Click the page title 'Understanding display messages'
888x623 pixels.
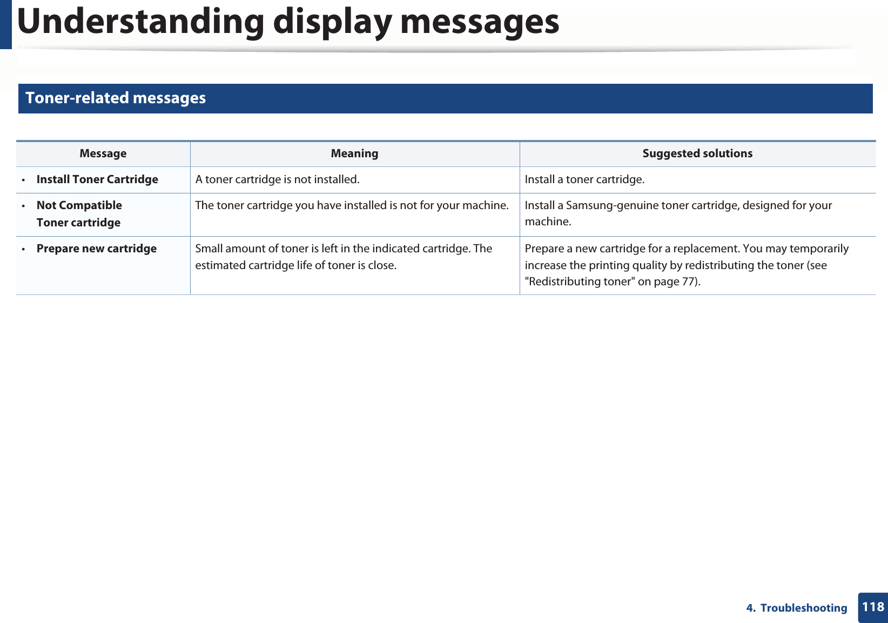click(288, 22)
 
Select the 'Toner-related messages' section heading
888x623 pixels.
click(116, 98)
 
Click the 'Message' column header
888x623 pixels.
click(103, 153)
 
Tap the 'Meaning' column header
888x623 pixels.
click(354, 153)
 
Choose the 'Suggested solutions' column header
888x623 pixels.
click(697, 153)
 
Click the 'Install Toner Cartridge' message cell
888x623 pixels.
click(97, 179)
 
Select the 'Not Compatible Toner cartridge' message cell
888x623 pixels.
click(79, 214)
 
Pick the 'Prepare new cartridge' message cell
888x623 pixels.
click(96, 249)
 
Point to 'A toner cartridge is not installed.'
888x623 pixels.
click(277, 179)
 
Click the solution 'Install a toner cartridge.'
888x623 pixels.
click(584, 179)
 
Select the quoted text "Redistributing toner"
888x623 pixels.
click(580, 282)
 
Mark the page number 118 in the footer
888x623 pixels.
click(873, 607)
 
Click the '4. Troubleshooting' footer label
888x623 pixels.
click(796, 608)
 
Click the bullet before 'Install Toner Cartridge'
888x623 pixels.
click(23, 180)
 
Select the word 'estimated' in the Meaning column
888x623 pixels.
click(220, 265)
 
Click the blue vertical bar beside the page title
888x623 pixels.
click(5, 24)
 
